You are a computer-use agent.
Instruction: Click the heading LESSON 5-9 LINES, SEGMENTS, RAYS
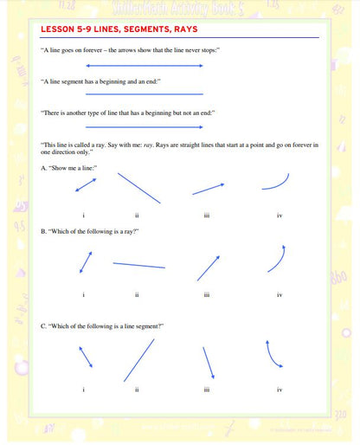pos(119,29)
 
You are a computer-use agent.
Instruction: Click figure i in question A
pos(86,185)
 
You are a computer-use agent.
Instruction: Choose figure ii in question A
pos(138,187)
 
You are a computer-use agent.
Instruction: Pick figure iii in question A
pos(209,189)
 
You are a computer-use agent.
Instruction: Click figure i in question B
pos(86,261)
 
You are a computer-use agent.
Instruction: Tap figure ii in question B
pos(138,265)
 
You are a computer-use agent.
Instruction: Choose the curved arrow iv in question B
pos(277,260)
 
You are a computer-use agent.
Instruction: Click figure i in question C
pos(85,356)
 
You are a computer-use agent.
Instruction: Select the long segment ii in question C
pos(138,360)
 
